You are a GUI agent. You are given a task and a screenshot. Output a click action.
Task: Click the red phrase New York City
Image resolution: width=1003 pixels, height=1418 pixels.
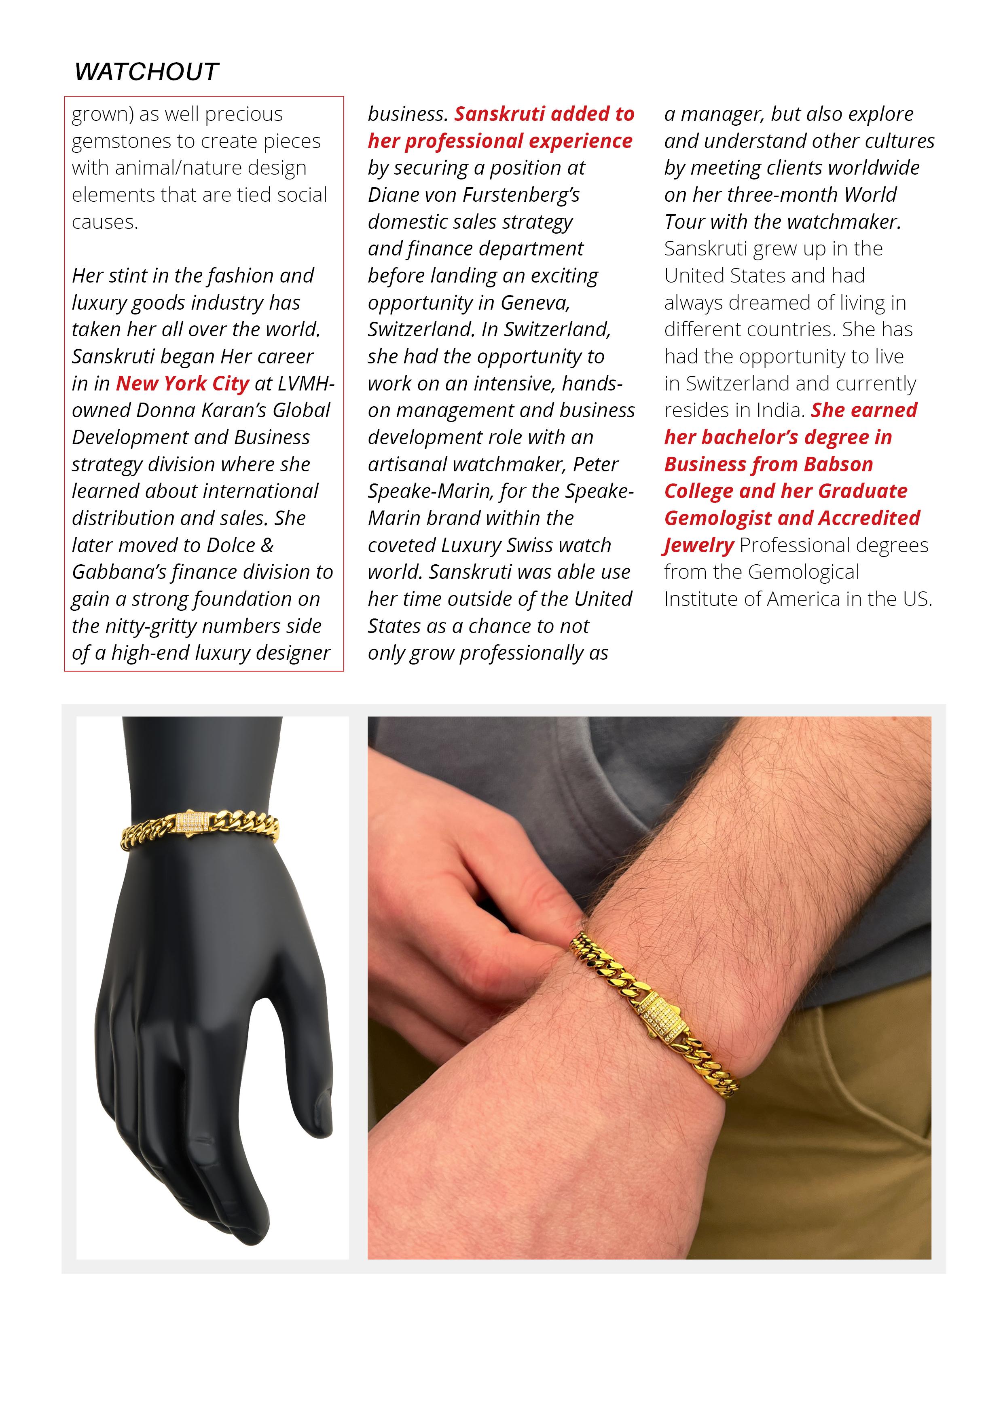[x=182, y=384]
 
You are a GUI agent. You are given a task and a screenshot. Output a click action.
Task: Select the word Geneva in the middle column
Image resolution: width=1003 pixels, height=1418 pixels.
[x=535, y=303]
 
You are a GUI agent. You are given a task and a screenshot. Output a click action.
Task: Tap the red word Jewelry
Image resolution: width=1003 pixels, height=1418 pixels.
[x=699, y=545]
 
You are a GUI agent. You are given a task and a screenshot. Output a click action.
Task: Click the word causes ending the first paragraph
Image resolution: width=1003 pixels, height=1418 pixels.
[x=104, y=222]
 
